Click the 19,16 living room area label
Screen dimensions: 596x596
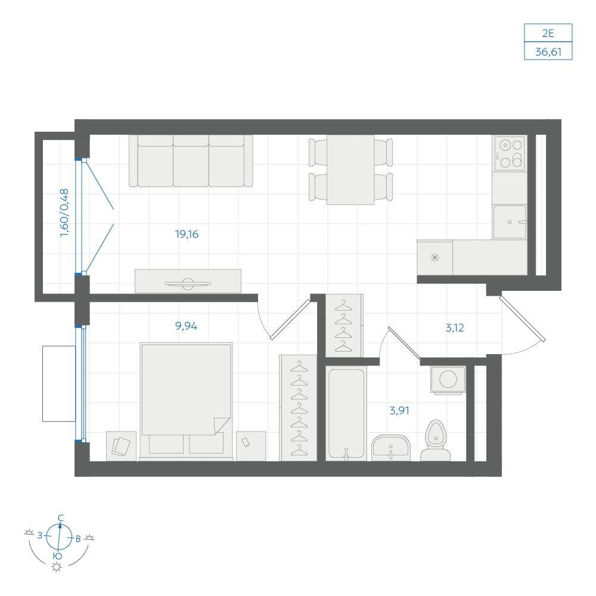tap(187, 234)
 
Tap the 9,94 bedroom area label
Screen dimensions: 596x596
tap(186, 326)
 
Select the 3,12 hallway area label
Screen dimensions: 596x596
tap(455, 328)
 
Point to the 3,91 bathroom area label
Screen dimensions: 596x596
tap(399, 411)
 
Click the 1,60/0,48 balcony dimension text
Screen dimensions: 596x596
tap(64, 213)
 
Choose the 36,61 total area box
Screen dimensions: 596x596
tap(548, 51)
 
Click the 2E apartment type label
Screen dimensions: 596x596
tap(548, 33)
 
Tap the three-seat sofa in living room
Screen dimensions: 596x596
tap(191, 161)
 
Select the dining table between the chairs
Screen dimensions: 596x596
tap(350, 169)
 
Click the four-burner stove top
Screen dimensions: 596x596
tap(510, 154)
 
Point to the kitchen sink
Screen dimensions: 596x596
tap(510, 222)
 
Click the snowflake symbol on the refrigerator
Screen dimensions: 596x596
tap(434, 257)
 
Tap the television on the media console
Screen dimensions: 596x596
tap(188, 283)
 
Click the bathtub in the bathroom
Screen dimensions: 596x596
tap(346, 414)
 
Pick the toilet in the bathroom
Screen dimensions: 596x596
tap(436, 441)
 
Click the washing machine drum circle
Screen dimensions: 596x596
tap(448, 378)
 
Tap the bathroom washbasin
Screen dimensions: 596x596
tap(391, 448)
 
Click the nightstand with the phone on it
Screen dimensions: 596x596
tap(251, 446)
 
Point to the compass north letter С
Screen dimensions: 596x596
tap(60, 518)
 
